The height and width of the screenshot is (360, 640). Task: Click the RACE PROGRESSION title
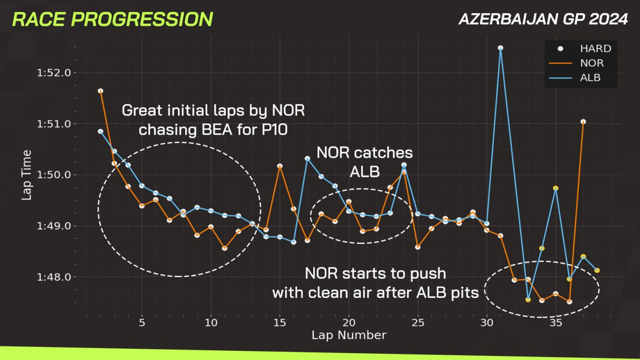tap(112, 19)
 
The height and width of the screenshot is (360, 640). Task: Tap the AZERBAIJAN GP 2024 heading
tap(543, 19)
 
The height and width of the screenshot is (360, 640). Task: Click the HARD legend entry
tap(585, 49)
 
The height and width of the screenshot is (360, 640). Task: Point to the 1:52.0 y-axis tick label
tap(54, 73)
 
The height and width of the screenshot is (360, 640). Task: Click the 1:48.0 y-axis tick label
tap(54, 277)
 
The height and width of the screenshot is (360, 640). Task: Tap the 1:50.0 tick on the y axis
tap(54, 175)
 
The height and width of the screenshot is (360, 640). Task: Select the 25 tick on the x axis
tap(418, 323)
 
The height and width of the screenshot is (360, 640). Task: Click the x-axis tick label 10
tap(211, 323)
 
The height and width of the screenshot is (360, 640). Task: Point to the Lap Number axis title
tap(349, 335)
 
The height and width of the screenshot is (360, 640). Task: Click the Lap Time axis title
tap(27, 175)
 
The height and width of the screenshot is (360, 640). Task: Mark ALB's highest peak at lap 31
tap(500, 48)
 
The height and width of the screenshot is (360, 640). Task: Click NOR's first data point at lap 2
tap(100, 91)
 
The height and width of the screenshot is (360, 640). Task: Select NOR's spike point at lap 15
tap(280, 166)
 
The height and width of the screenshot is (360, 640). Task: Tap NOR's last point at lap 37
tap(583, 122)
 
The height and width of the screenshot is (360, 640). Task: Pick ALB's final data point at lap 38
tap(597, 270)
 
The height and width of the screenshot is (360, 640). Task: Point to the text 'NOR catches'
tap(365, 153)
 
